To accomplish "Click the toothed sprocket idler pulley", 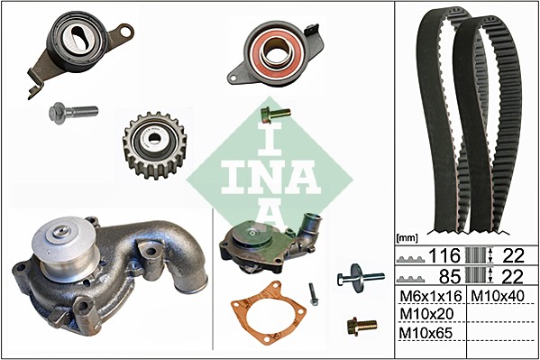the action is coord(155,145).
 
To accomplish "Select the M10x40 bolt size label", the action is coord(498,296).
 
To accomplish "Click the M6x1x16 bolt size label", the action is coord(431,296).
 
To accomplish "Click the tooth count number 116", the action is coord(444,256).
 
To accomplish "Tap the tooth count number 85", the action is coord(449,277).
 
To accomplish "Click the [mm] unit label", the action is coord(407,237).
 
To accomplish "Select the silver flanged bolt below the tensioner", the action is coord(73,112).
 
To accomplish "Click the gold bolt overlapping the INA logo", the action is coord(276,114).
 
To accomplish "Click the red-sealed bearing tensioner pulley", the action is coord(277,54).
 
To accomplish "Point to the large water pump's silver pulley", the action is coord(64,247).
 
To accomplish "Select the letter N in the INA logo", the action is coord(270,177).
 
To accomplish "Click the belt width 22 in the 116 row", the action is coord(513,256).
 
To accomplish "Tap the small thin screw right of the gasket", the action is coord(313,294).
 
